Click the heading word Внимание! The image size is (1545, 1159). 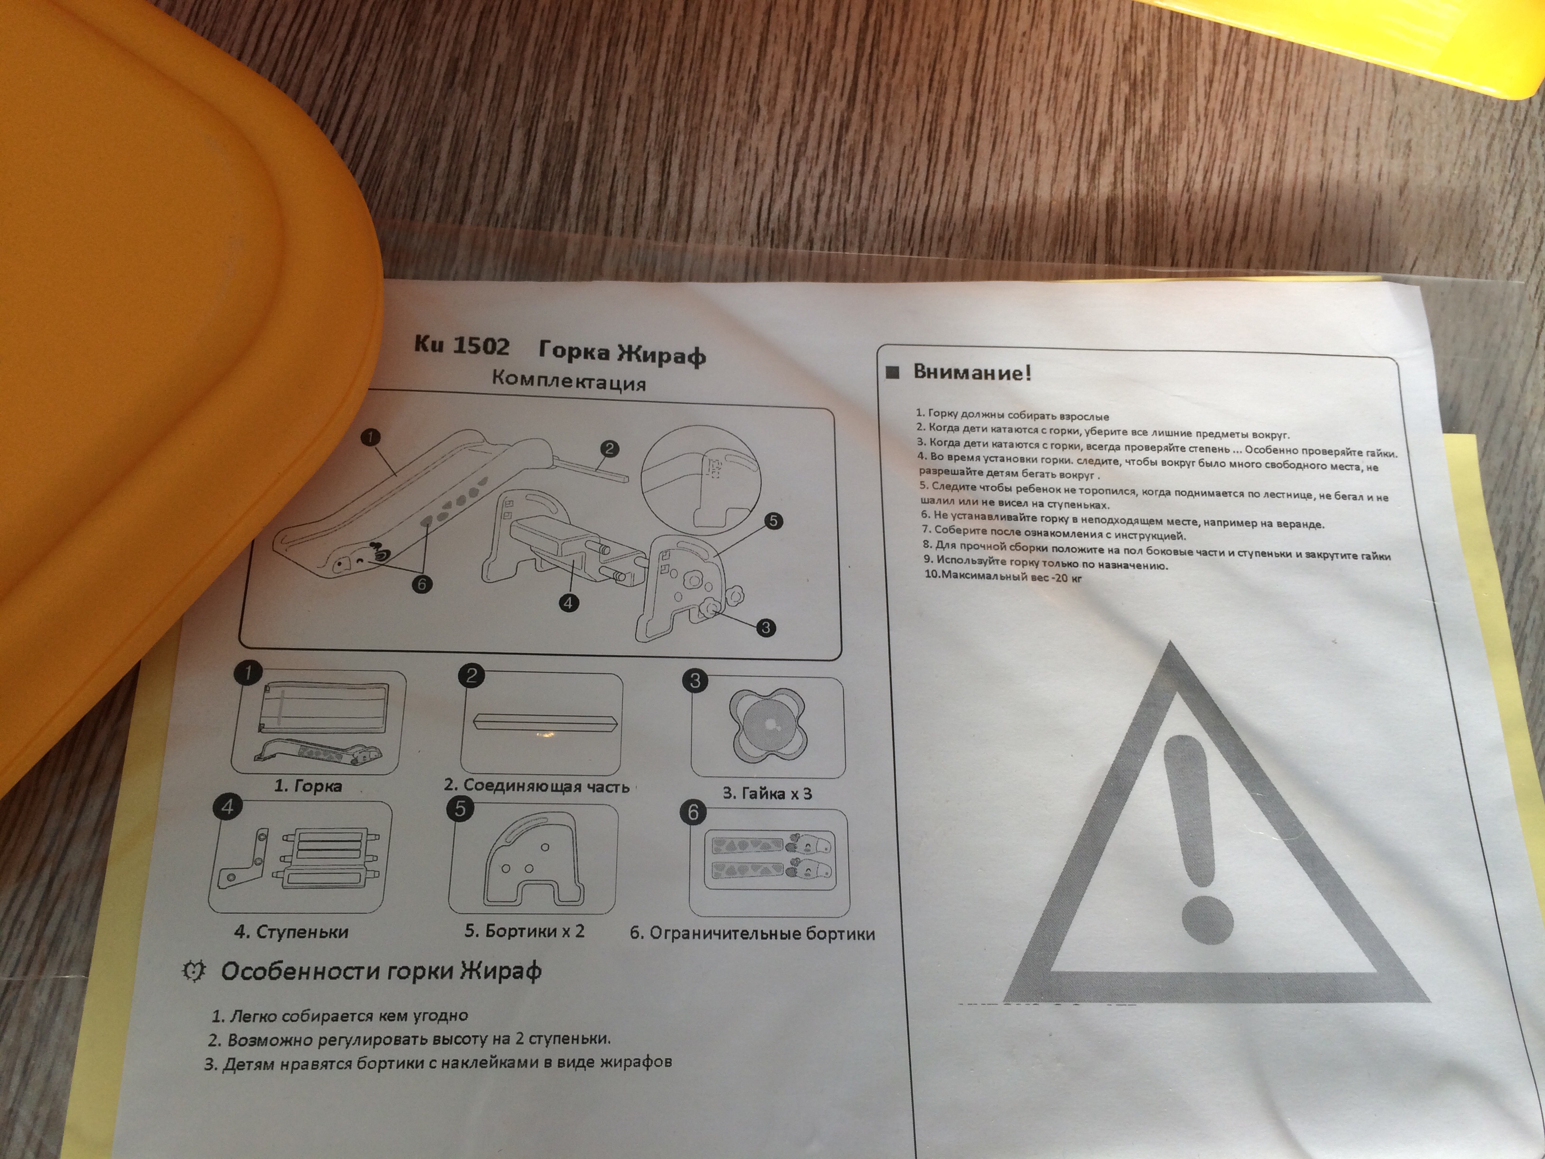[972, 372]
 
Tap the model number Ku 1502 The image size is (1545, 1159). [462, 345]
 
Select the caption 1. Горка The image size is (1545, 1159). [308, 785]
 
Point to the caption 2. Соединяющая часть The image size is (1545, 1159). [536, 785]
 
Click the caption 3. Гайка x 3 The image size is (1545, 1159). [767, 793]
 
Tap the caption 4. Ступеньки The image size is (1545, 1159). [291, 931]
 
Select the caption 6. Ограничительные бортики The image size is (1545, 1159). [752, 933]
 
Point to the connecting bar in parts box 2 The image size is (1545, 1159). [542, 722]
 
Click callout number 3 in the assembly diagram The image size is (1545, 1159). [765, 627]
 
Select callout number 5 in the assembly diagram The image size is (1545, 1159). [773, 521]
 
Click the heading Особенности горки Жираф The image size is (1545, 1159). [381, 972]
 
